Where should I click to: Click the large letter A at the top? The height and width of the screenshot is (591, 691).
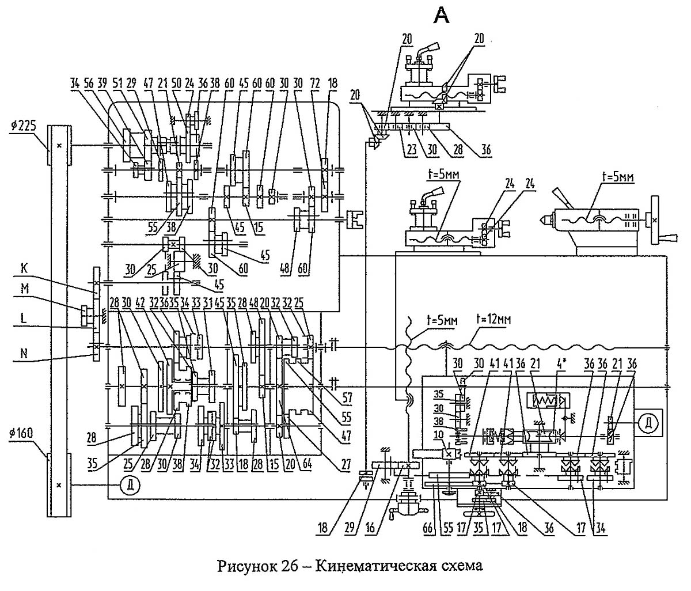pos(442,17)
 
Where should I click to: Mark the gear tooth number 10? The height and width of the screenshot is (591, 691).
pos(455,433)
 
